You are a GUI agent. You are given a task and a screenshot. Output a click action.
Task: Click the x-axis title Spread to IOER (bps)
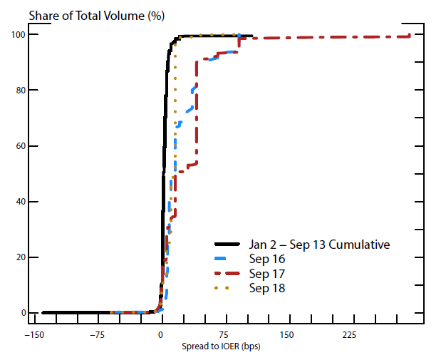pyautogui.click(x=222, y=346)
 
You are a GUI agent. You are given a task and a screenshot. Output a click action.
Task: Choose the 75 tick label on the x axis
pyautogui.click(x=224, y=335)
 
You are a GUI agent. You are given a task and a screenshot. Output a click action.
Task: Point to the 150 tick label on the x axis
pyautogui.click(x=287, y=335)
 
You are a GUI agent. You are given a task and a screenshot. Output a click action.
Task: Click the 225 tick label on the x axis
pyautogui.click(x=350, y=335)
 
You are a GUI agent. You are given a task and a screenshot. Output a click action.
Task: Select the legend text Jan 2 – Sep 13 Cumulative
pyautogui.click(x=319, y=245)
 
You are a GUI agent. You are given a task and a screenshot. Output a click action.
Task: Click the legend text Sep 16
pyautogui.click(x=266, y=259)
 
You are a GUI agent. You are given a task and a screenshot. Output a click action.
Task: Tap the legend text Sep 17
pyautogui.click(x=266, y=274)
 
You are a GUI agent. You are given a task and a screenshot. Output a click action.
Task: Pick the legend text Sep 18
pyautogui.click(x=266, y=288)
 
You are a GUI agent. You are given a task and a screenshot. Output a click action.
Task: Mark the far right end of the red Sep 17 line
pyautogui.click(x=410, y=36)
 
